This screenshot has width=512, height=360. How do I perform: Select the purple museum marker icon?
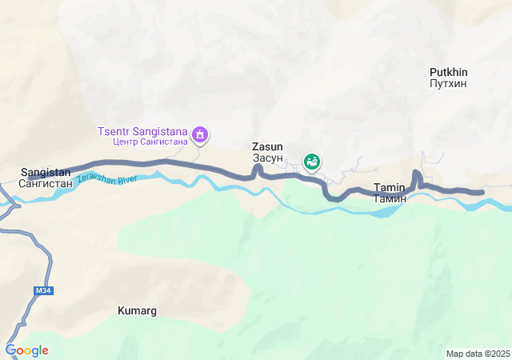(201, 134)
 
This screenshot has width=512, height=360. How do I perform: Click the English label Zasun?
(267, 147)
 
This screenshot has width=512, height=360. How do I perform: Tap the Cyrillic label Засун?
(267, 158)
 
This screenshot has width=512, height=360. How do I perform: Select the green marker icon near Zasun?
(312, 161)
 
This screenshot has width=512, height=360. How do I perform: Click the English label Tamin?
(390, 188)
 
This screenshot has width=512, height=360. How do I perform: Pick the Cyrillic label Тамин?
(390, 198)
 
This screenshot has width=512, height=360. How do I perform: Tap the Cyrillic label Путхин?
(448, 83)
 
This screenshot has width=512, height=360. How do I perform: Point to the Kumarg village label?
(137, 310)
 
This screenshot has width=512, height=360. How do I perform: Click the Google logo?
(26, 350)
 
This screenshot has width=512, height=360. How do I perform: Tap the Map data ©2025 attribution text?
(478, 354)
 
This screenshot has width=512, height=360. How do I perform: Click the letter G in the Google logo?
(10, 350)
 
